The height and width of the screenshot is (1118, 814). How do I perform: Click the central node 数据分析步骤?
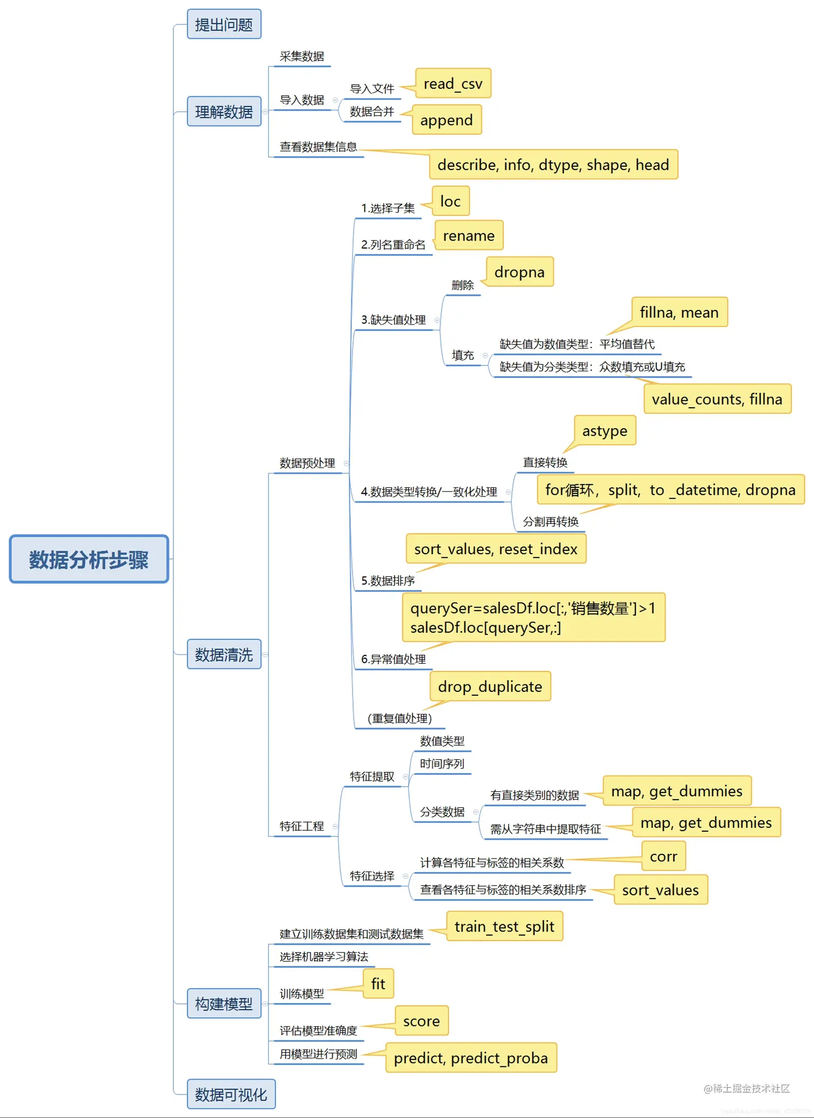click(89, 559)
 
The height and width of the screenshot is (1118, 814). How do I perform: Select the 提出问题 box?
click(224, 24)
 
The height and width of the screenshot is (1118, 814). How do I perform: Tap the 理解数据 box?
click(224, 111)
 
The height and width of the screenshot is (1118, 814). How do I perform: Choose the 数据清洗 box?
click(224, 654)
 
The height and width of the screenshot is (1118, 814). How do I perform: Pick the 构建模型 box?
click(224, 1003)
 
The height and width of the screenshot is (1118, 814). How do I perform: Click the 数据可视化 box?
click(231, 1094)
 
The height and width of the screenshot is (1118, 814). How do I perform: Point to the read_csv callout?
click(453, 83)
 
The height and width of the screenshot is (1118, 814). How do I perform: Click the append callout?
click(446, 120)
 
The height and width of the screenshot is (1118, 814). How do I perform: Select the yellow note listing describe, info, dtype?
click(553, 165)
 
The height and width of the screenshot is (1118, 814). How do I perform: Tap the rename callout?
click(468, 235)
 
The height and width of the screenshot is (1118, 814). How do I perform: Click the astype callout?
click(605, 430)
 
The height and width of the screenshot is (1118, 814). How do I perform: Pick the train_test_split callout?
click(504, 926)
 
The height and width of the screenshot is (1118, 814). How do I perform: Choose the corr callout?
click(663, 856)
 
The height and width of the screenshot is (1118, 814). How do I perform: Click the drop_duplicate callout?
click(490, 686)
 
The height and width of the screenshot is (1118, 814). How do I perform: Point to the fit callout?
click(378, 983)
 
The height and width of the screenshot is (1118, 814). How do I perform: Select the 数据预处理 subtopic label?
click(307, 463)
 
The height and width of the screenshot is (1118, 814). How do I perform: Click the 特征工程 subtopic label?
click(301, 826)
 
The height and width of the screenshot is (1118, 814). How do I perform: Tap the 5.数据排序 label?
click(388, 581)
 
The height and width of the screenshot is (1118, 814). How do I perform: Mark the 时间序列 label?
click(441, 763)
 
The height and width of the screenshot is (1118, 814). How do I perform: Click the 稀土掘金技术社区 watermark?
click(747, 1088)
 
